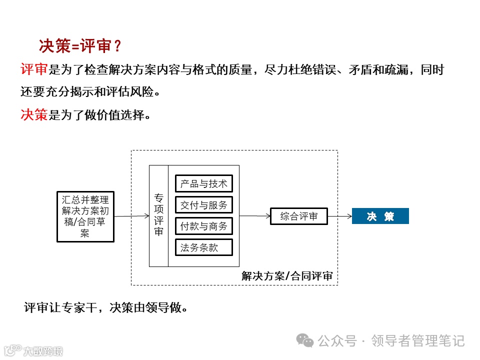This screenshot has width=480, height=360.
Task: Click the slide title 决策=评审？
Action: (x=80, y=46)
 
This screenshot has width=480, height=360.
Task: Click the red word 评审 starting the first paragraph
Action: (x=34, y=69)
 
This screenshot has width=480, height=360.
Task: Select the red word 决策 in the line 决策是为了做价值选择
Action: (x=34, y=115)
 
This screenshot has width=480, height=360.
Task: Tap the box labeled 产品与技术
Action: (x=204, y=183)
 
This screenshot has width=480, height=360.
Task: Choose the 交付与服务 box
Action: (x=204, y=205)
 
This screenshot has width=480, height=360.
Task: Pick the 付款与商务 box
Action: (x=204, y=226)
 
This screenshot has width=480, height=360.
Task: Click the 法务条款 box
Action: (x=204, y=247)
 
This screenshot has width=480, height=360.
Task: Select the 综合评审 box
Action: (x=298, y=216)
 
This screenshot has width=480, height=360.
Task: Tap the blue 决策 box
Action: (x=380, y=216)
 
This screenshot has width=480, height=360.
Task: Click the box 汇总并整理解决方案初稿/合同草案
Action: (x=85, y=216)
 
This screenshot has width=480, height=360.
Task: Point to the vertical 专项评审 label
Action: (x=158, y=215)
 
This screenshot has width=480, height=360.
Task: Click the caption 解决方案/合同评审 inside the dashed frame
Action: (x=286, y=276)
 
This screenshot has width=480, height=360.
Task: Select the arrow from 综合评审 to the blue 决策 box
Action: (x=340, y=216)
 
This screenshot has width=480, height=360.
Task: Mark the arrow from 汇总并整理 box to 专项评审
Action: (x=131, y=216)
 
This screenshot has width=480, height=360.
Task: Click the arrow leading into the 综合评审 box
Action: (x=254, y=216)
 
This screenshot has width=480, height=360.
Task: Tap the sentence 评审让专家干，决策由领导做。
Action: (x=106, y=307)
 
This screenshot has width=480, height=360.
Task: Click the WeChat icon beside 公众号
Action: (x=305, y=340)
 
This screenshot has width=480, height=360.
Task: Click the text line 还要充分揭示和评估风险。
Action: (x=90, y=92)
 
